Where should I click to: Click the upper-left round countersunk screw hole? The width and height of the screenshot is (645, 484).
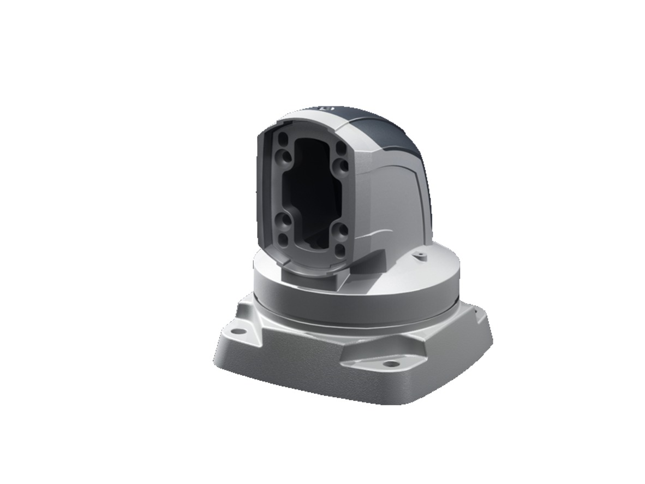pos(283,155)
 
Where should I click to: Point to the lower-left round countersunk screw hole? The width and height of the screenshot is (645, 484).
pos(283,221)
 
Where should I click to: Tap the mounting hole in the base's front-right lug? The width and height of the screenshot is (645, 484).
pos(390,363)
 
